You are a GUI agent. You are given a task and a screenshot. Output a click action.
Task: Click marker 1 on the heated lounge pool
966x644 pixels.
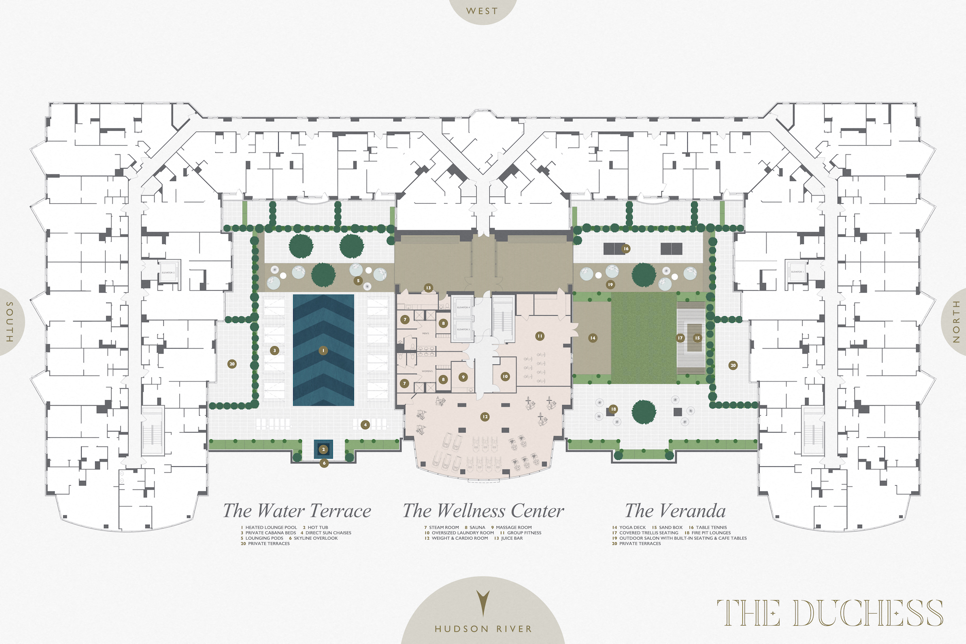[x=323, y=350]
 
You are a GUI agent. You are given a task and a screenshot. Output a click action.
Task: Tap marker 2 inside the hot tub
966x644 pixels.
[x=324, y=449]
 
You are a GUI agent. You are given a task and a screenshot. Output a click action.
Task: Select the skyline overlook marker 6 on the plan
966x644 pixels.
[x=324, y=463]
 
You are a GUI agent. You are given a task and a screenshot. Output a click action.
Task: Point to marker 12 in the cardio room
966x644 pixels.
[x=485, y=417]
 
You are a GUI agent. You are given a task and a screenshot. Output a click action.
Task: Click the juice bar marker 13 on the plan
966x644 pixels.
[x=428, y=288]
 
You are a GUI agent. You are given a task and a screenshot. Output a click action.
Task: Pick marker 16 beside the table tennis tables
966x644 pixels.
[x=626, y=249]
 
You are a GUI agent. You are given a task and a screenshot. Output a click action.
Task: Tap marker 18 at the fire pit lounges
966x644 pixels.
[x=613, y=409]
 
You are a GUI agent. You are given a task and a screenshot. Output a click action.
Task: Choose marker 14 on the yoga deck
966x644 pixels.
[x=593, y=338]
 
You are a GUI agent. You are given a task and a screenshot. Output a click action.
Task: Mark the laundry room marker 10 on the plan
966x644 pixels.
[x=505, y=377]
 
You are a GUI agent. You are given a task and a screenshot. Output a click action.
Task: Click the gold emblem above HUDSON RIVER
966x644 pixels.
[x=483, y=603]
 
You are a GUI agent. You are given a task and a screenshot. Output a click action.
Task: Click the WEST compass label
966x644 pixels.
[x=482, y=11]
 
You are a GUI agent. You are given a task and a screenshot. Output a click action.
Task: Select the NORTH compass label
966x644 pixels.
[x=956, y=322]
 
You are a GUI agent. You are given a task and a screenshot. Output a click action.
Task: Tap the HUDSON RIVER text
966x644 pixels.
[x=483, y=629]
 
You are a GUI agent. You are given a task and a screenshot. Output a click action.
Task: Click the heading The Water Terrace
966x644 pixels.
[x=297, y=511]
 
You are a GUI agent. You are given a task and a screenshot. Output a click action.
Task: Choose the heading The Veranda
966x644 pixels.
[x=675, y=511]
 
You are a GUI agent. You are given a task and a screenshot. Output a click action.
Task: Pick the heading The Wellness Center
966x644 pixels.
[x=483, y=511]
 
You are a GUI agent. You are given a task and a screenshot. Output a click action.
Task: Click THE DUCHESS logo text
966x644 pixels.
[x=830, y=613]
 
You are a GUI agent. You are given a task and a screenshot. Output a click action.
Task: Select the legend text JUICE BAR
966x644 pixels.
[x=511, y=538]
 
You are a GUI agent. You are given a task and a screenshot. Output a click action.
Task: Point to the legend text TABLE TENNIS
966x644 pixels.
[x=711, y=528]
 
